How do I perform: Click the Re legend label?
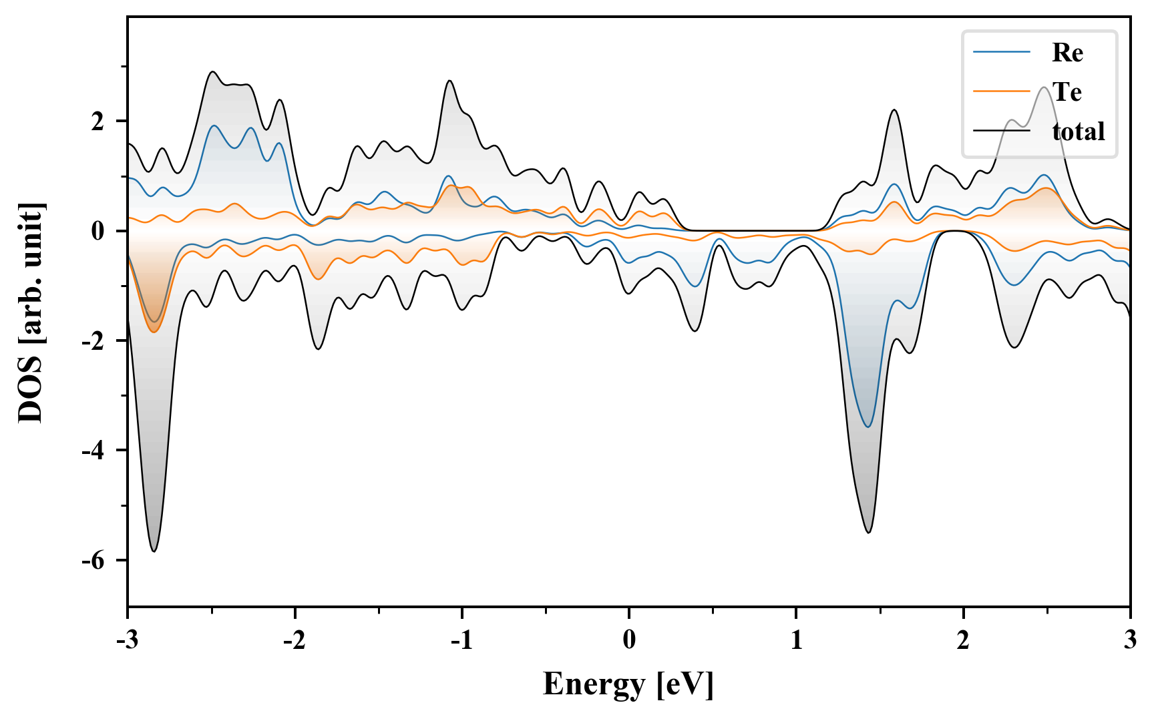pos(1067,53)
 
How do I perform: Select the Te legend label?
pos(1067,92)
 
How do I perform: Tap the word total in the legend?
pos(1078,132)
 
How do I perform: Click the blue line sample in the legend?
pos(1002,52)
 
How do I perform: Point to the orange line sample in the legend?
pos(1002,91)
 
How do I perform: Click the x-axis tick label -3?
pos(127,640)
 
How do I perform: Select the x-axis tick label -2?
pos(294,640)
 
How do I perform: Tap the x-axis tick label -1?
pos(461,640)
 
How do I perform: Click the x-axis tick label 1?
pos(797,640)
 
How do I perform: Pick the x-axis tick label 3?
pos(1130,640)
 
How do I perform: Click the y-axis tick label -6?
pos(93,561)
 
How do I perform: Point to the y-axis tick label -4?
pos(93,451)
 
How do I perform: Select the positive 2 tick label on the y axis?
pos(98,122)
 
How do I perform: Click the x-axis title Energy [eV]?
pos(628,684)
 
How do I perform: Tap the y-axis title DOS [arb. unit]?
pos(31,312)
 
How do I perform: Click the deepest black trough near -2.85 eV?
pos(154,551)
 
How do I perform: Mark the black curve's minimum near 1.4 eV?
pos(868,532)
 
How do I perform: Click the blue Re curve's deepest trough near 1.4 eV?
pos(868,427)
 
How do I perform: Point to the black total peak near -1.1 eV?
pos(449,81)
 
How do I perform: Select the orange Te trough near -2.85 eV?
pos(154,332)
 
